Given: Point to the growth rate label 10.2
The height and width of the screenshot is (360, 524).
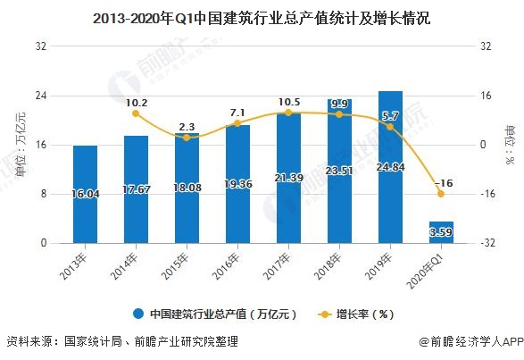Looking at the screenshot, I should (137, 102).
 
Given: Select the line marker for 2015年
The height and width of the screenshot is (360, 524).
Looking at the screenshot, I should (187, 138).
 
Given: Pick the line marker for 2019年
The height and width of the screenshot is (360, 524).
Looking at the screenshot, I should (390, 127).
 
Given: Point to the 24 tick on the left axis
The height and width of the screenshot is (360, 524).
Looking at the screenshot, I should (41, 96).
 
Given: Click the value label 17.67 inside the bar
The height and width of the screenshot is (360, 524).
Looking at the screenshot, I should (136, 188).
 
